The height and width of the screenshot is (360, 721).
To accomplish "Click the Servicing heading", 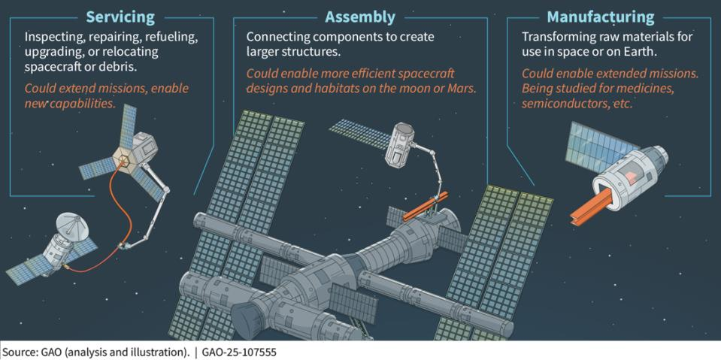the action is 121,17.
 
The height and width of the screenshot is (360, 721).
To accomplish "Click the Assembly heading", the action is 360,17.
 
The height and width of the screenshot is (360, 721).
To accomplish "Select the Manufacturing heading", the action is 601,17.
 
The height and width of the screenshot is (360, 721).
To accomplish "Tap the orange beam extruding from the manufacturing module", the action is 592,205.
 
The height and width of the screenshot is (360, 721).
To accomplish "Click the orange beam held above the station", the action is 425,206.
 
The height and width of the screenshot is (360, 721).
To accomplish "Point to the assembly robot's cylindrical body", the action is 399,144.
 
